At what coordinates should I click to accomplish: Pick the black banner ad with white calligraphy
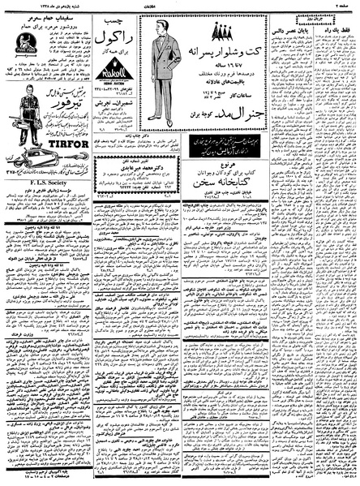pyautogui.click(x=230, y=147)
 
